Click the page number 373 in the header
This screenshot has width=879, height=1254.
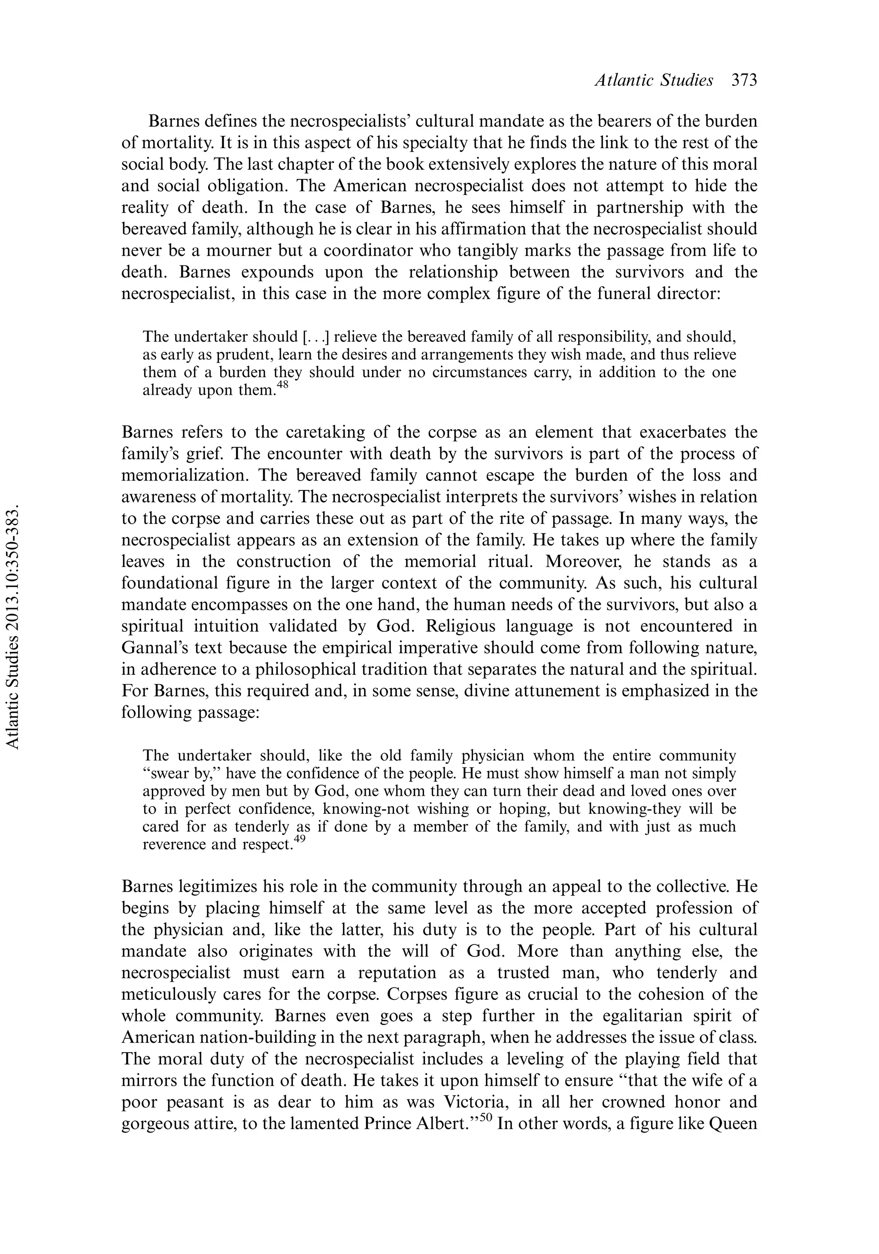744,81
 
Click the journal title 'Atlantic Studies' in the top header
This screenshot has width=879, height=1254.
654,81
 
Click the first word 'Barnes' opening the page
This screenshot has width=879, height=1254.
175,121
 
